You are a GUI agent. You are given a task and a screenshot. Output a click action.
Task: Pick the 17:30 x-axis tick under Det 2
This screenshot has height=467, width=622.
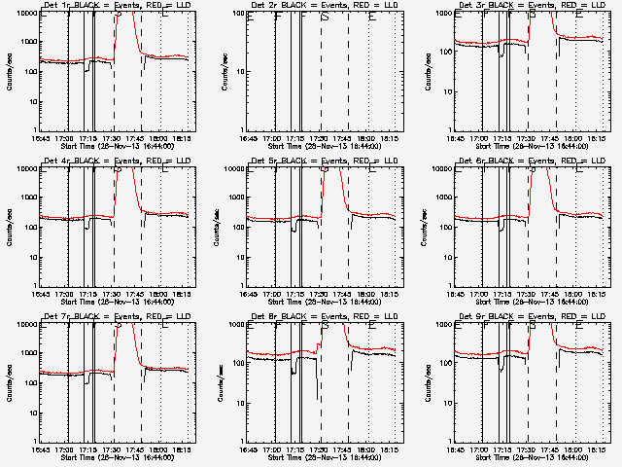[x=322, y=138]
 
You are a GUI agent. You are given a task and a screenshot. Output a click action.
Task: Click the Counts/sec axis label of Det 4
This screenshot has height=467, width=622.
[x=10, y=227]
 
